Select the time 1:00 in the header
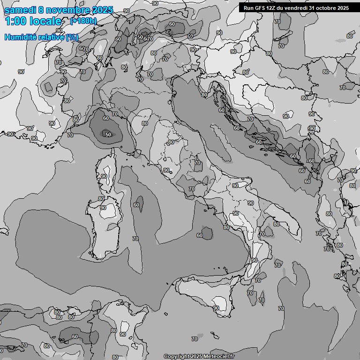[x=15, y=21]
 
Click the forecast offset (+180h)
[x=83, y=21]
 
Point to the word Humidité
[x=20, y=37]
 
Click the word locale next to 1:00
[x=45, y=21]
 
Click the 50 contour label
[x=108, y=135]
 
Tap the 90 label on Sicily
[x=216, y=308]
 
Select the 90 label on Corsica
[x=104, y=177]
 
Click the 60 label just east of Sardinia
[x=136, y=205]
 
